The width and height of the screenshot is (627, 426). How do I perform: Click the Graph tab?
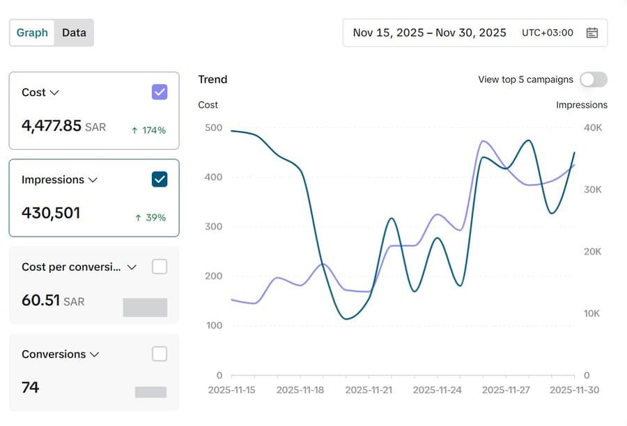[x=32, y=33]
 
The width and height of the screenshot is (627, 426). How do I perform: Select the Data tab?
[x=74, y=33]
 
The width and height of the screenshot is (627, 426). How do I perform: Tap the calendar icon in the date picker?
[x=591, y=33]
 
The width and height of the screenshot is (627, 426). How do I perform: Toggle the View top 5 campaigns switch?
[x=594, y=79]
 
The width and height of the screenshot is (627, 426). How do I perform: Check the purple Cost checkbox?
[x=160, y=93]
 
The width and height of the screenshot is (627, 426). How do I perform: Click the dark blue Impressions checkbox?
[x=160, y=180]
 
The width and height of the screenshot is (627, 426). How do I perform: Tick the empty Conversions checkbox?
[x=160, y=354]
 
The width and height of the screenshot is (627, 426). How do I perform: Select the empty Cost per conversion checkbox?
[x=160, y=267]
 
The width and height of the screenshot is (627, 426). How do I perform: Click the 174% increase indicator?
[x=148, y=130]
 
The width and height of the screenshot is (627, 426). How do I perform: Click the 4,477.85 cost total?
[x=52, y=126]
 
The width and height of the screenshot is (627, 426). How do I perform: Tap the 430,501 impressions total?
[x=51, y=213]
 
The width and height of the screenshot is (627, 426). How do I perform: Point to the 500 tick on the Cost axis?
[x=214, y=127]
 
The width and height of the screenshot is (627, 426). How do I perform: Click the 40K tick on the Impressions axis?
[x=593, y=127]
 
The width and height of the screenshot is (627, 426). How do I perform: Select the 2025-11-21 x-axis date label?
[x=369, y=390]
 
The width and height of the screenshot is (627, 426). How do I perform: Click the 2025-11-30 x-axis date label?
[x=574, y=390]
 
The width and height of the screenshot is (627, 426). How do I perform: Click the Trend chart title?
[x=212, y=79]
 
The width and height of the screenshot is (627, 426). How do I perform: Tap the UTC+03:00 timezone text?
[x=548, y=33]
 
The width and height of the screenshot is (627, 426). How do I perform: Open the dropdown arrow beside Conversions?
[x=94, y=354]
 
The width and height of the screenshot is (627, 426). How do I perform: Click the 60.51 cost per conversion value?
[x=41, y=300]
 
